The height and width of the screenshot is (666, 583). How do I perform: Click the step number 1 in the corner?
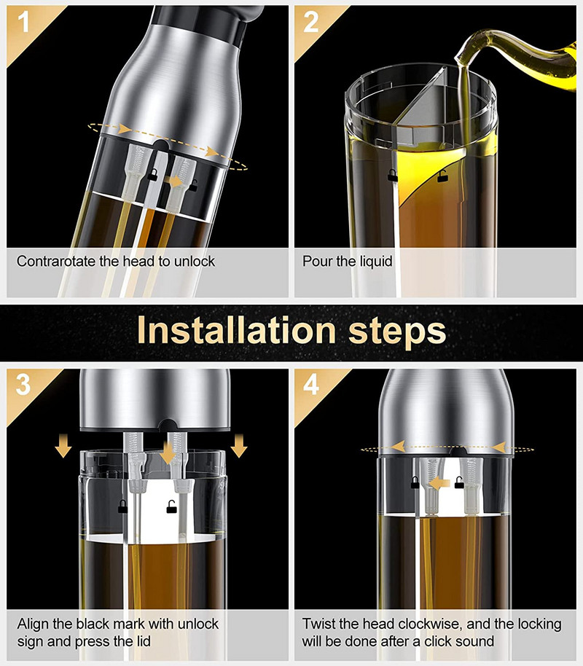(23, 22)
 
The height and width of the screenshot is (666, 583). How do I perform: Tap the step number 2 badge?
(311, 22)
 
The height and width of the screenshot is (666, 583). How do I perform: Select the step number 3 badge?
(23, 385)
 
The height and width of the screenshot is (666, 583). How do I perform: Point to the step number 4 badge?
(311, 385)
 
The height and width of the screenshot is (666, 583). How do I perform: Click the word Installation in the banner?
(237, 331)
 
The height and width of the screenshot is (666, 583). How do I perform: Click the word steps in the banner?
(397, 332)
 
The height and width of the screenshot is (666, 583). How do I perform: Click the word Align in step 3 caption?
(33, 624)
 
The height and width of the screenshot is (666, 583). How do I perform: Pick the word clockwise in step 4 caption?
(430, 624)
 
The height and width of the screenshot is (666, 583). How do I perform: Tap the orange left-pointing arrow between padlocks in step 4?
(439, 483)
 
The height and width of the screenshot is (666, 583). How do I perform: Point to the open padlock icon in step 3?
(171, 506)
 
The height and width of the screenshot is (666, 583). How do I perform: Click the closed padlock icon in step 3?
(122, 506)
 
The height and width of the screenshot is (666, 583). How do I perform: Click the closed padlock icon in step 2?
(392, 175)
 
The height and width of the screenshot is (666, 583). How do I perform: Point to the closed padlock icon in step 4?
(415, 482)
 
